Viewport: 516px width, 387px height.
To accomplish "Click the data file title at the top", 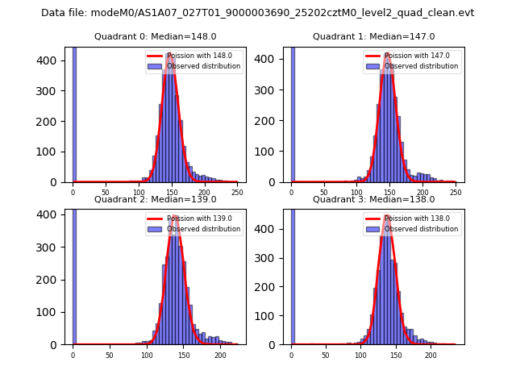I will pyautogui.click(x=257, y=13).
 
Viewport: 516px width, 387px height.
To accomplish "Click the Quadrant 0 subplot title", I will pyautogui.click(x=155, y=36).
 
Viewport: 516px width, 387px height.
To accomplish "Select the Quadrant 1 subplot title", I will pyautogui.click(x=373, y=36).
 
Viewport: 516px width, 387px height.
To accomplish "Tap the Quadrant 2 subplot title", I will pyautogui.click(x=155, y=199).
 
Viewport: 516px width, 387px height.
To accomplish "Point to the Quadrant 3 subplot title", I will pyautogui.click(x=373, y=199).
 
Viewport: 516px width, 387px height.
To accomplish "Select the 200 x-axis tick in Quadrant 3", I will pyautogui.click(x=431, y=355).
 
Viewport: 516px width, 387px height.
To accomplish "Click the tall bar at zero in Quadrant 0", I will pyautogui.click(x=74, y=113).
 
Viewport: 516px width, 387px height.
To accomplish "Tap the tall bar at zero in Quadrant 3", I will pyautogui.click(x=292, y=274).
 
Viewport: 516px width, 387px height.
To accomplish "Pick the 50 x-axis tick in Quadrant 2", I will pyautogui.click(x=110, y=355).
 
